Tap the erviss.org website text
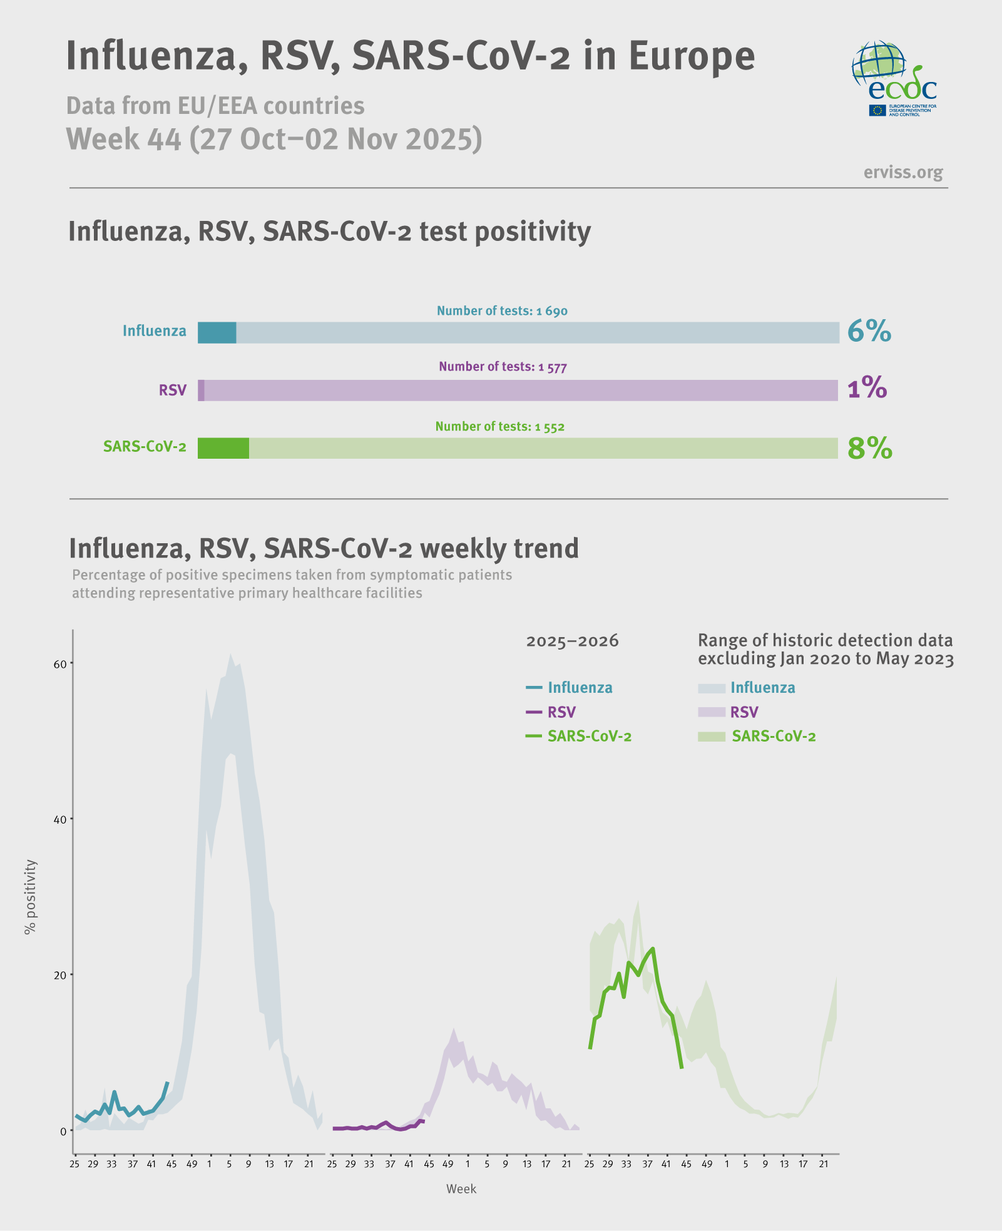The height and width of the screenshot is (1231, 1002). point(902,172)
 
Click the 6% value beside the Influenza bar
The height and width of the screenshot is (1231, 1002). point(869,331)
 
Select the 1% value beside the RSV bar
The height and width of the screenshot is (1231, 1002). point(867,389)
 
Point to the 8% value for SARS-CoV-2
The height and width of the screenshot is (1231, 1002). point(869,448)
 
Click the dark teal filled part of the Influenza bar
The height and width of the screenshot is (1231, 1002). point(217,333)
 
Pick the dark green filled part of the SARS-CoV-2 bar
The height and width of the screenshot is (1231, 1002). point(223,448)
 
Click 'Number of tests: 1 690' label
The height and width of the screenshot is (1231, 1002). point(502,311)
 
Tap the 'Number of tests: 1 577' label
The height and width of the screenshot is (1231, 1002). point(503,367)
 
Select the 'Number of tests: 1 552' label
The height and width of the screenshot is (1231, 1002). point(499,427)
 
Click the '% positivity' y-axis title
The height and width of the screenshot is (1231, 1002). point(30,897)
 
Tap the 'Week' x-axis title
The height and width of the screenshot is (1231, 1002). point(461,1189)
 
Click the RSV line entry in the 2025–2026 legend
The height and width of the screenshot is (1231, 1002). point(551,712)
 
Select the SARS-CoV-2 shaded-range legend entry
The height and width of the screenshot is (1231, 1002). point(757,737)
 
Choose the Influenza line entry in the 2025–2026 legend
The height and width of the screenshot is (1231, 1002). point(570,688)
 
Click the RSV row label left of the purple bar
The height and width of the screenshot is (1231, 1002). point(172,391)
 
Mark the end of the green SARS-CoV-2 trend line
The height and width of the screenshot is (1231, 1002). point(682,1068)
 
